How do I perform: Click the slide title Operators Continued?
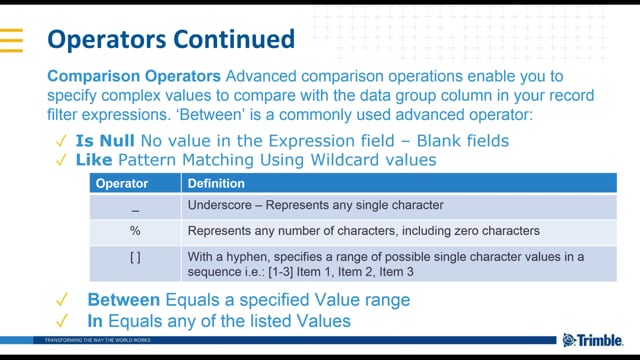[x=171, y=39]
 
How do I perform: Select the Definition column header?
[x=216, y=184]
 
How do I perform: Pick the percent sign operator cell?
[x=135, y=230]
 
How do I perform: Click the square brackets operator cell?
[x=135, y=256]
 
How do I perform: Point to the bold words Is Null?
[x=104, y=141]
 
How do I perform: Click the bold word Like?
[x=93, y=159]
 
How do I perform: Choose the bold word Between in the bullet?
[x=124, y=300]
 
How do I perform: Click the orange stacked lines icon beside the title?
[x=11, y=40]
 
